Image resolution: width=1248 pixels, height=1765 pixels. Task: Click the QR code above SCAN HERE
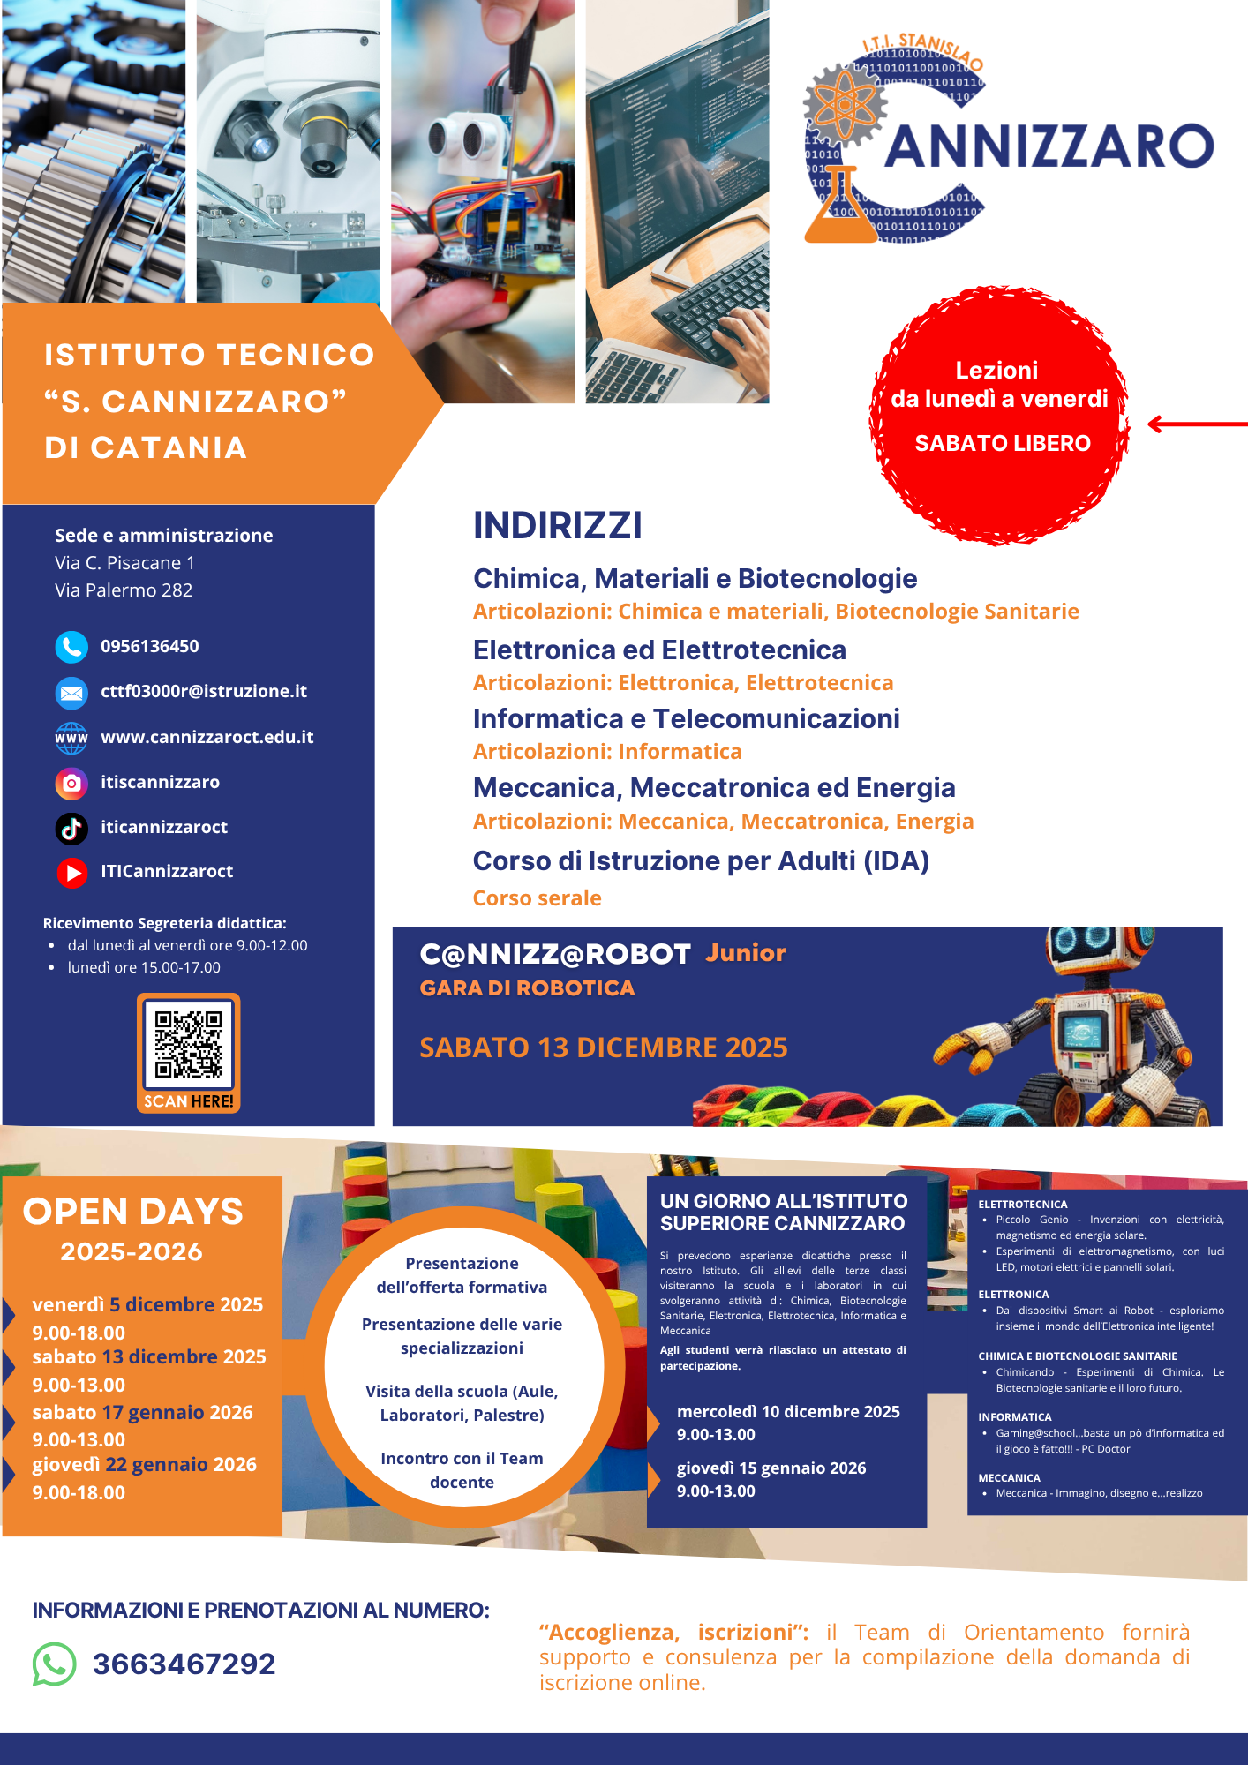click(188, 1044)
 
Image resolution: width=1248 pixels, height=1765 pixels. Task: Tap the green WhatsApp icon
click(54, 1664)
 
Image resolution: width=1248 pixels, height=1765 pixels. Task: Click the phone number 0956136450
click(149, 646)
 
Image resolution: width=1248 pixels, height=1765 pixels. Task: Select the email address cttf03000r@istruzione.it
click(203, 691)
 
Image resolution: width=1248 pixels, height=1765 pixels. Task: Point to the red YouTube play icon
click(72, 872)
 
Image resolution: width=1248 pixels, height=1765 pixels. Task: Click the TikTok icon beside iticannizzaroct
click(71, 828)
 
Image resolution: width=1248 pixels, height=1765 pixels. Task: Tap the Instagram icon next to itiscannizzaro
click(71, 783)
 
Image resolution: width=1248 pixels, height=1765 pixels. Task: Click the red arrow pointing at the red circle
click(1196, 424)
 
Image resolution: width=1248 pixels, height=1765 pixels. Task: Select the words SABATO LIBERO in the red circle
click(1002, 443)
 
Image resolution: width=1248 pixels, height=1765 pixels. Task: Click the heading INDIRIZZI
click(557, 526)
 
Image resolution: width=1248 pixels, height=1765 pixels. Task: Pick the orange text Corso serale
click(537, 898)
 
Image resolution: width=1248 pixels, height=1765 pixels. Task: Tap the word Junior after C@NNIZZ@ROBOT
click(745, 953)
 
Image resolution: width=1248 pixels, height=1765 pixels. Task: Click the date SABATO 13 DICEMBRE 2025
click(603, 1048)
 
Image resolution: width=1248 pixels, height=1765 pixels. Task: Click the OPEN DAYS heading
click(132, 1212)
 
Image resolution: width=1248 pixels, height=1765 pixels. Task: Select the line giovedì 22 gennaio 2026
click(144, 1464)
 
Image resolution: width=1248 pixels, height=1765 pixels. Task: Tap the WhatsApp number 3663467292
click(184, 1664)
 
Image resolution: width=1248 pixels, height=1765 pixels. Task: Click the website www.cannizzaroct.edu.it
click(207, 737)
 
